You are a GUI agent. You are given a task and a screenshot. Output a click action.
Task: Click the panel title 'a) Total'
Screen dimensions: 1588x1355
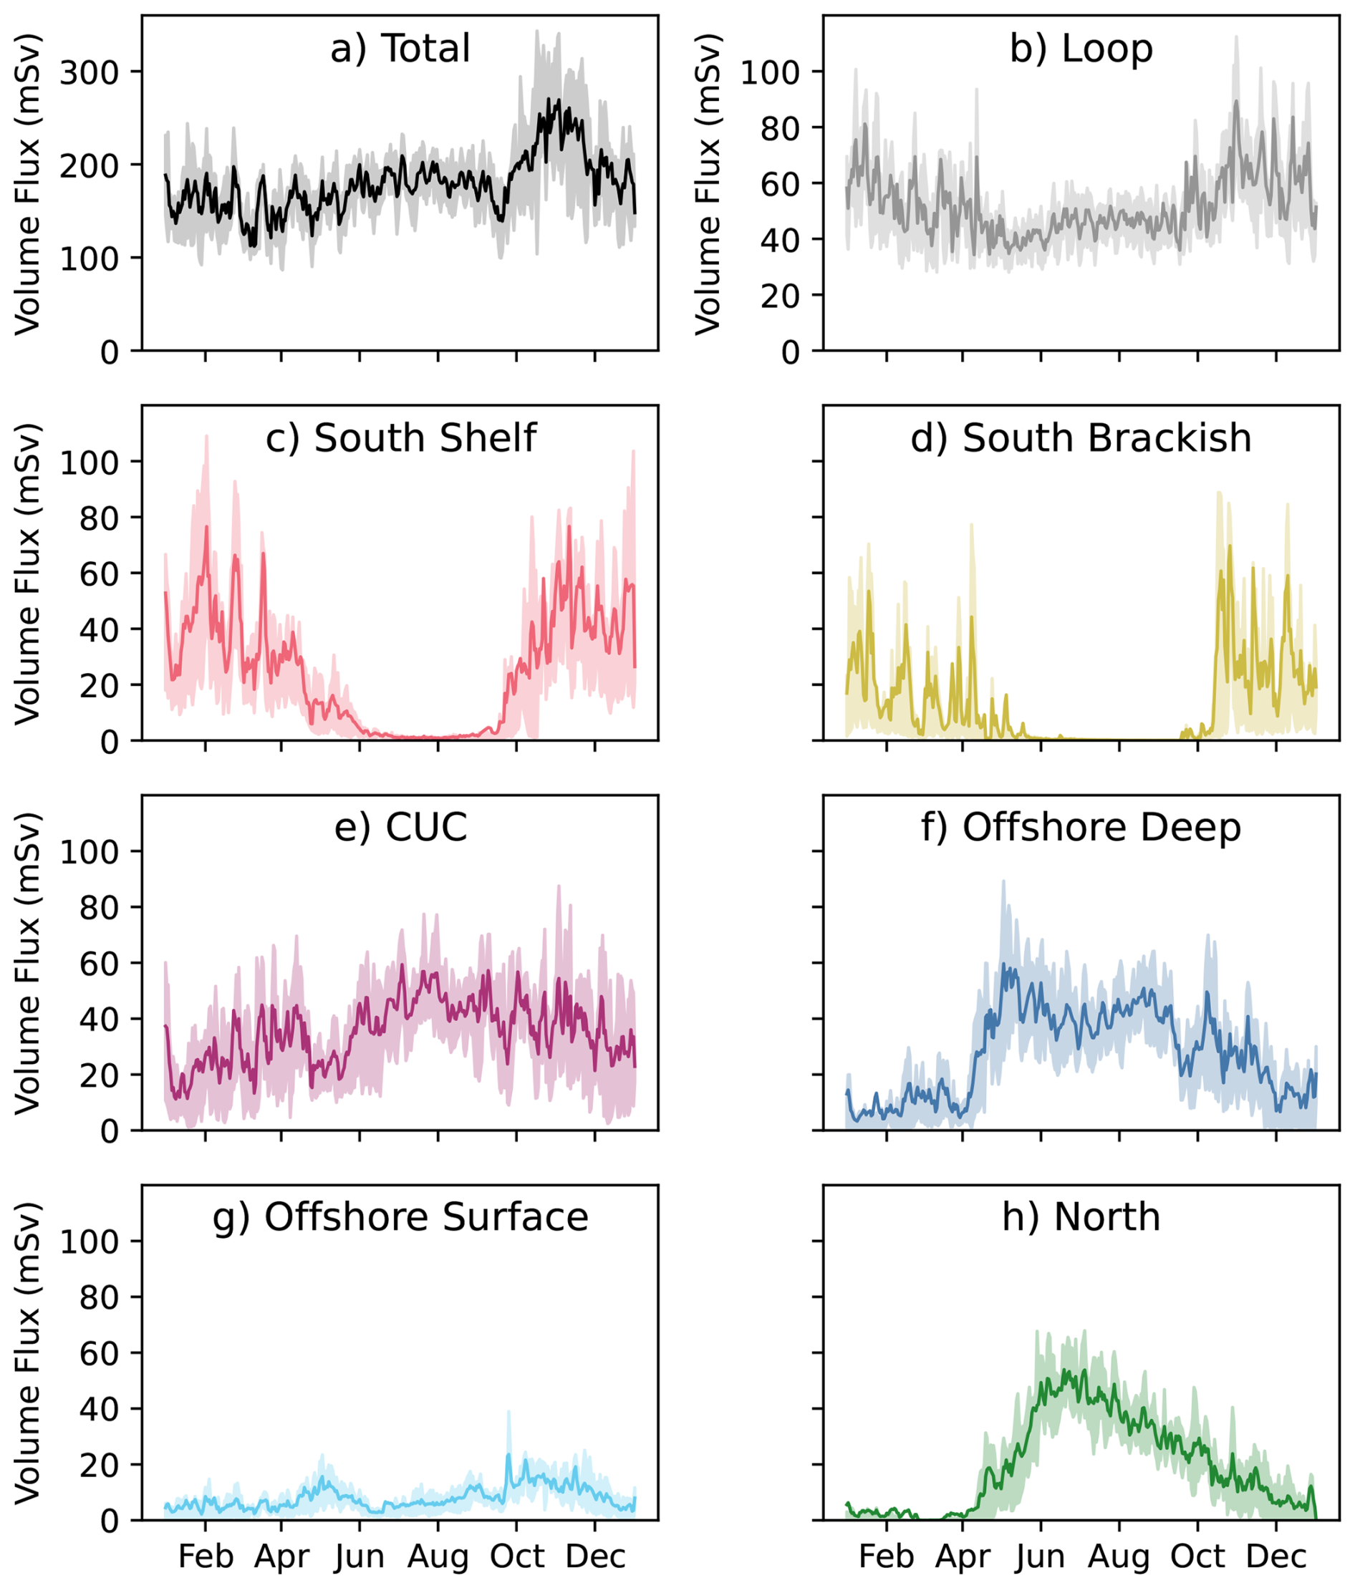click(x=400, y=48)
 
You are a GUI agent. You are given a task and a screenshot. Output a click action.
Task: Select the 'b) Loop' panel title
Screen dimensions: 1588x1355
click(x=1081, y=48)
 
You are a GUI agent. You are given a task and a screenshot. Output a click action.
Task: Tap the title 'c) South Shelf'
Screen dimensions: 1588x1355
click(x=400, y=438)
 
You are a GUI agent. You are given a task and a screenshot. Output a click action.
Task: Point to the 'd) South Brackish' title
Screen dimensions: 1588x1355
click(x=1081, y=438)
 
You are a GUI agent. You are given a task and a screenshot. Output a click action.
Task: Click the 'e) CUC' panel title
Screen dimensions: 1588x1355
click(x=400, y=828)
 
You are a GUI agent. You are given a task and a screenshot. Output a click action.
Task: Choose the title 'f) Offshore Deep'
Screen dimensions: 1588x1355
click(x=1081, y=828)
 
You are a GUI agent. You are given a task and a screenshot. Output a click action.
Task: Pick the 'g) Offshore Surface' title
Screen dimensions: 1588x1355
click(x=400, y=1217)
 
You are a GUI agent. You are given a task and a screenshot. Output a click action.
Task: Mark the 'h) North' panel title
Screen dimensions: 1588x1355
click(x=1081, y=1217)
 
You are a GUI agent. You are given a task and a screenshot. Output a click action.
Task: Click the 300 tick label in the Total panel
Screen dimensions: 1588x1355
click(x=90, y=73)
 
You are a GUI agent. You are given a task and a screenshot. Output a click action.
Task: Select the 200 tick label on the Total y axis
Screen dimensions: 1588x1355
click(x=90, y=165)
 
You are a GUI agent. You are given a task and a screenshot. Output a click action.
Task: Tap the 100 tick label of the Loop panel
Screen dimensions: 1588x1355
click(x=770, y=73)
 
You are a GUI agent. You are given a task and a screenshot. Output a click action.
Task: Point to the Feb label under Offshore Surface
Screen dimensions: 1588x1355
click(x=206, y=1556)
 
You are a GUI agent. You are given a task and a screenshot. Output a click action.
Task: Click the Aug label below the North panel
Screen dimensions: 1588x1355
click(x=1119, y=1556)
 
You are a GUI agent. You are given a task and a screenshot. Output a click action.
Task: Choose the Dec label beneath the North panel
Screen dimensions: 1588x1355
click(x=1276, y=1556)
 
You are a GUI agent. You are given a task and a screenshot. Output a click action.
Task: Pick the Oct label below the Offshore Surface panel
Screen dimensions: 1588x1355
click(x=517, y=1556)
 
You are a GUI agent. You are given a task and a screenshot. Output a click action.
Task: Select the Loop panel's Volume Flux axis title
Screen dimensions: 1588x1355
click(x=708, y=184)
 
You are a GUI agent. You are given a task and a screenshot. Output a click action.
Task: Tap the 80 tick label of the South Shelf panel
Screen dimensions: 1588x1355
click(x=100, y=519)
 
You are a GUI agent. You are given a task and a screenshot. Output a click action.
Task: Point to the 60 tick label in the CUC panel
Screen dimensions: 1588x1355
click(x=100, y=964)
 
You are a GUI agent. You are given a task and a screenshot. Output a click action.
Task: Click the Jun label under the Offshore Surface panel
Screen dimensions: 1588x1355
click(x=360, y=1556)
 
